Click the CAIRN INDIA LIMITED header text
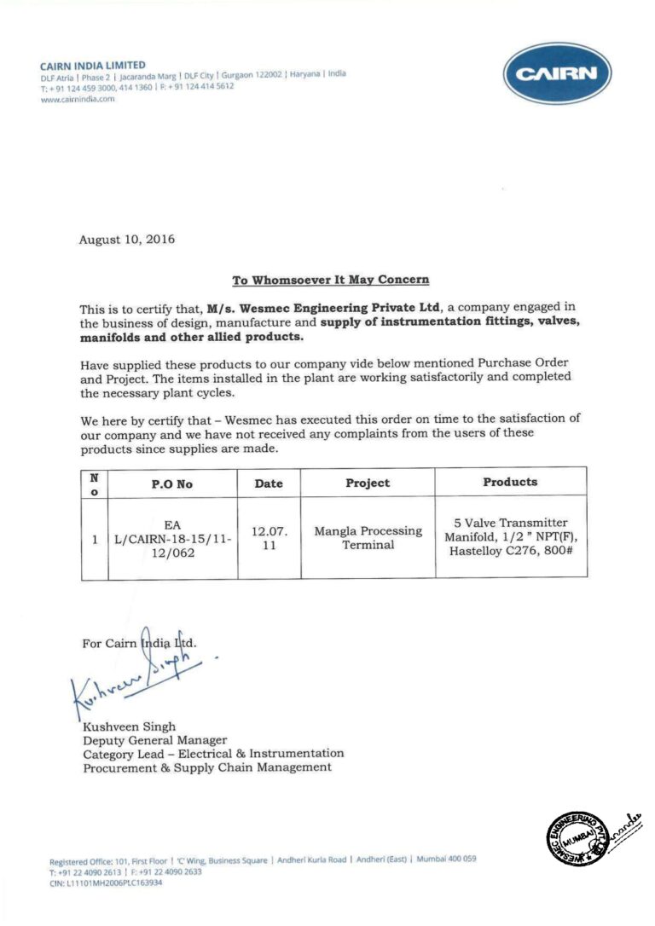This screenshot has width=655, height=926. point(92,65)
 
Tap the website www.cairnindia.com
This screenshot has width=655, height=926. point(77,99)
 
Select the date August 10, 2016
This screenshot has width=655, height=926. point(126,240)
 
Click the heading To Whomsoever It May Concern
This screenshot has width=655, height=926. point(331,280)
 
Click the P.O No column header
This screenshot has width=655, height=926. point(172,483)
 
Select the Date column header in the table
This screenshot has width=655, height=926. point(269,483)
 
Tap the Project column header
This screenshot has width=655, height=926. point(368,483)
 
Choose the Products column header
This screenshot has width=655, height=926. point(510,482)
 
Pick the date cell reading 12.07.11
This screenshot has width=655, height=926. point(269,538)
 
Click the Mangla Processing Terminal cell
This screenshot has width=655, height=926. point(368,537)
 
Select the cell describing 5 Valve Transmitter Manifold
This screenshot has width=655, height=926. point(511,537)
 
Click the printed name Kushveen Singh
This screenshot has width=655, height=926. point(129,726)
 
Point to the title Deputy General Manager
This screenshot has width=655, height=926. point(154,740)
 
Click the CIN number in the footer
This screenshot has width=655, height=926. point(106,883)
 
